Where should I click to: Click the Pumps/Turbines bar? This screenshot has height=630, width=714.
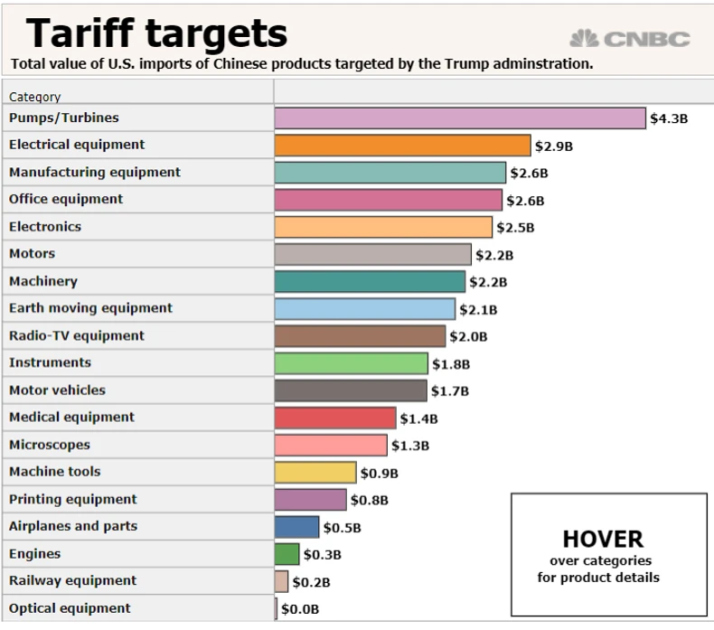click(x=460, y=118)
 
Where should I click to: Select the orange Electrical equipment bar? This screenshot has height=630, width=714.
click(x=402, y=146)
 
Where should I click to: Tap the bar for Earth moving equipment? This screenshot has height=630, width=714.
click(x=365, y=309)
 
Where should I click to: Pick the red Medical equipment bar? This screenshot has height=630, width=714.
click(x=335, y=418)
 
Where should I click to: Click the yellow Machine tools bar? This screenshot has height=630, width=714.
click(x=315, y=472)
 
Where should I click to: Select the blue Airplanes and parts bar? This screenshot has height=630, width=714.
click(x=296, y=527)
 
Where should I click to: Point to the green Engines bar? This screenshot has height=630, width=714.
click(x=287, y=554)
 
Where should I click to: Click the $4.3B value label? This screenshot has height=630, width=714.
click(x=669, y=118)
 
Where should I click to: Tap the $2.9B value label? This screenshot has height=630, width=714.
click(x=553, y=146)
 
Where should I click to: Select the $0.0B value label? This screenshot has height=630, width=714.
click(x=300, y=609)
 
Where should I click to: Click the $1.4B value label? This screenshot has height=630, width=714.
click(x=418, y=418)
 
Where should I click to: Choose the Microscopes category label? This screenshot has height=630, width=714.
click(x=50, y=445)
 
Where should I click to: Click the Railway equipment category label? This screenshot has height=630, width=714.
click(x=72, y=580)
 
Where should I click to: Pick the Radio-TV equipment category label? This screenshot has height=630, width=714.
click(x=77, y=335)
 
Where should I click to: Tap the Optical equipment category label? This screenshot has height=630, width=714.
click(x=70, y=608)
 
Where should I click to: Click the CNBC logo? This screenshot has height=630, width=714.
click(x=630, y=39)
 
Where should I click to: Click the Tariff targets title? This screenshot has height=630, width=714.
click(x=156, y=33)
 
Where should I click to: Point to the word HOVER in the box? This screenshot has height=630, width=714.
click(x=603, y=540)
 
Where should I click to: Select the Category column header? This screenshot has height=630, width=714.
click(x=35, y=96)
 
